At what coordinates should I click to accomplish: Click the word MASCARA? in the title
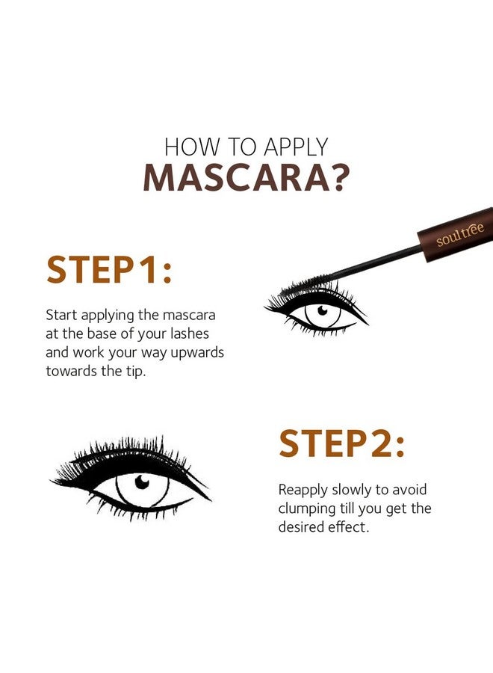pos(246,177)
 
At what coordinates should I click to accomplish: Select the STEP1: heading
pos(109,270)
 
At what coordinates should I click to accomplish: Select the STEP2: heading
pos(341,444)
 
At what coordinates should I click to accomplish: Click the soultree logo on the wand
pos(460,235)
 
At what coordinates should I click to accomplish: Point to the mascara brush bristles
pos(311,291)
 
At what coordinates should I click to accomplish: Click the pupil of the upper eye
pos(322,310)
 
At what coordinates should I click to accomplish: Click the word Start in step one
pos(62,315)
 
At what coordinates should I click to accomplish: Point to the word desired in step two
pos(303,527)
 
